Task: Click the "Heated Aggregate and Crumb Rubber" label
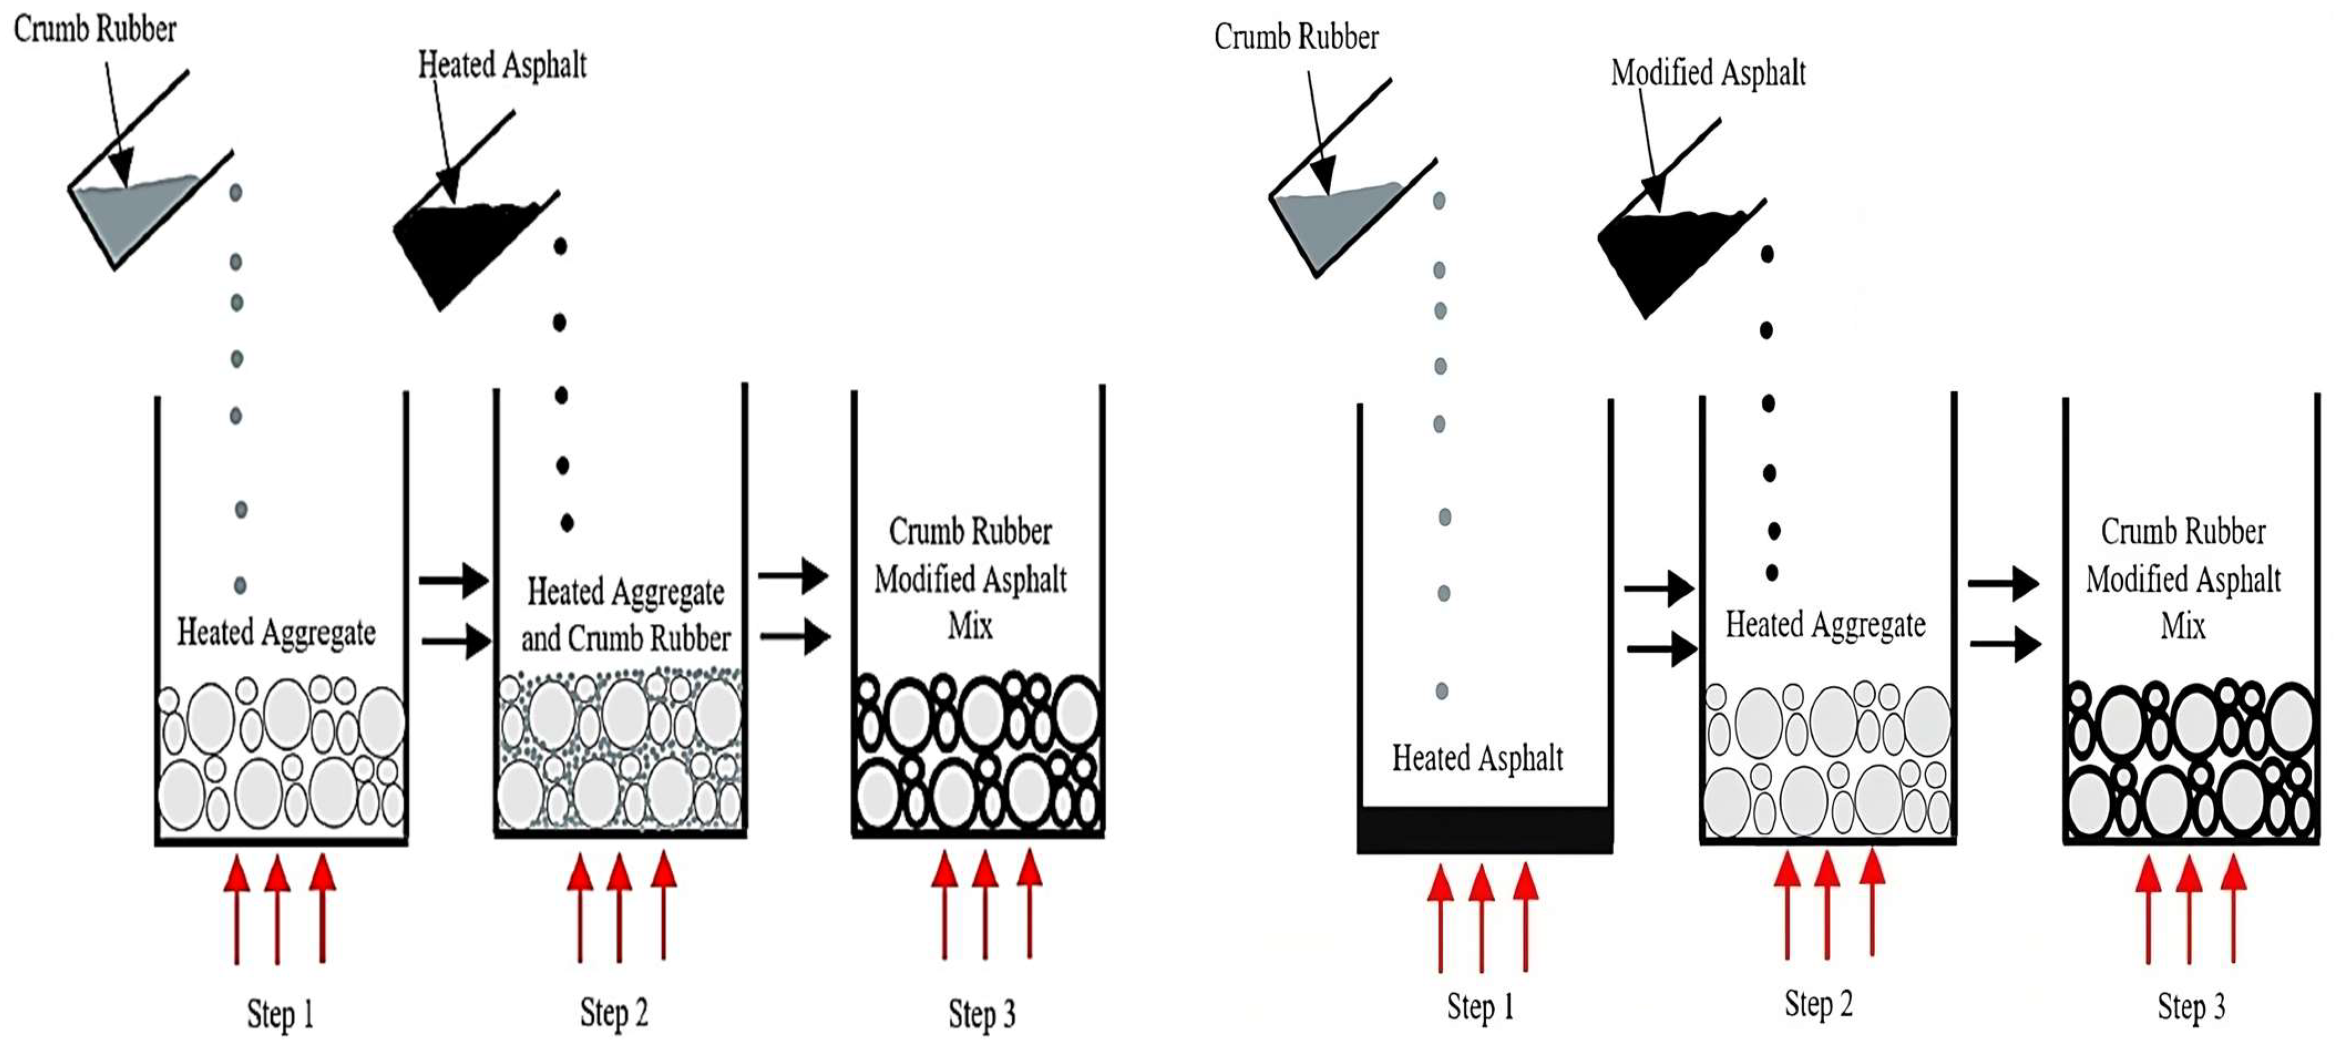click(625, 614)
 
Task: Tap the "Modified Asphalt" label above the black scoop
click(1708, 73)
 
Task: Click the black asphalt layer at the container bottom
click(1484, 829)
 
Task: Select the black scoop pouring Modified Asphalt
click(1664, 254)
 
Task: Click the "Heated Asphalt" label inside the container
click(1477, 757)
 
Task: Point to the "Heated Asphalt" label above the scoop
click(502, 65)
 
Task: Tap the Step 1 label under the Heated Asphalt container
click(1479, 1007)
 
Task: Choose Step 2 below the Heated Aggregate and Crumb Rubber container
click(614, 1012)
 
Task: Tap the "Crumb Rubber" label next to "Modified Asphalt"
click(1296, 37)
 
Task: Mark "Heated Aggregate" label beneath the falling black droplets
click(1825, 624)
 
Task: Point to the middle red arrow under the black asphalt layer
click(1481, 915)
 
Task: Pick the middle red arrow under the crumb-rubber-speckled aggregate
click(619, 906)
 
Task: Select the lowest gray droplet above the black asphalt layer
click(1441, 691)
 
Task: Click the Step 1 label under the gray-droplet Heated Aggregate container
click(280, 1014)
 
